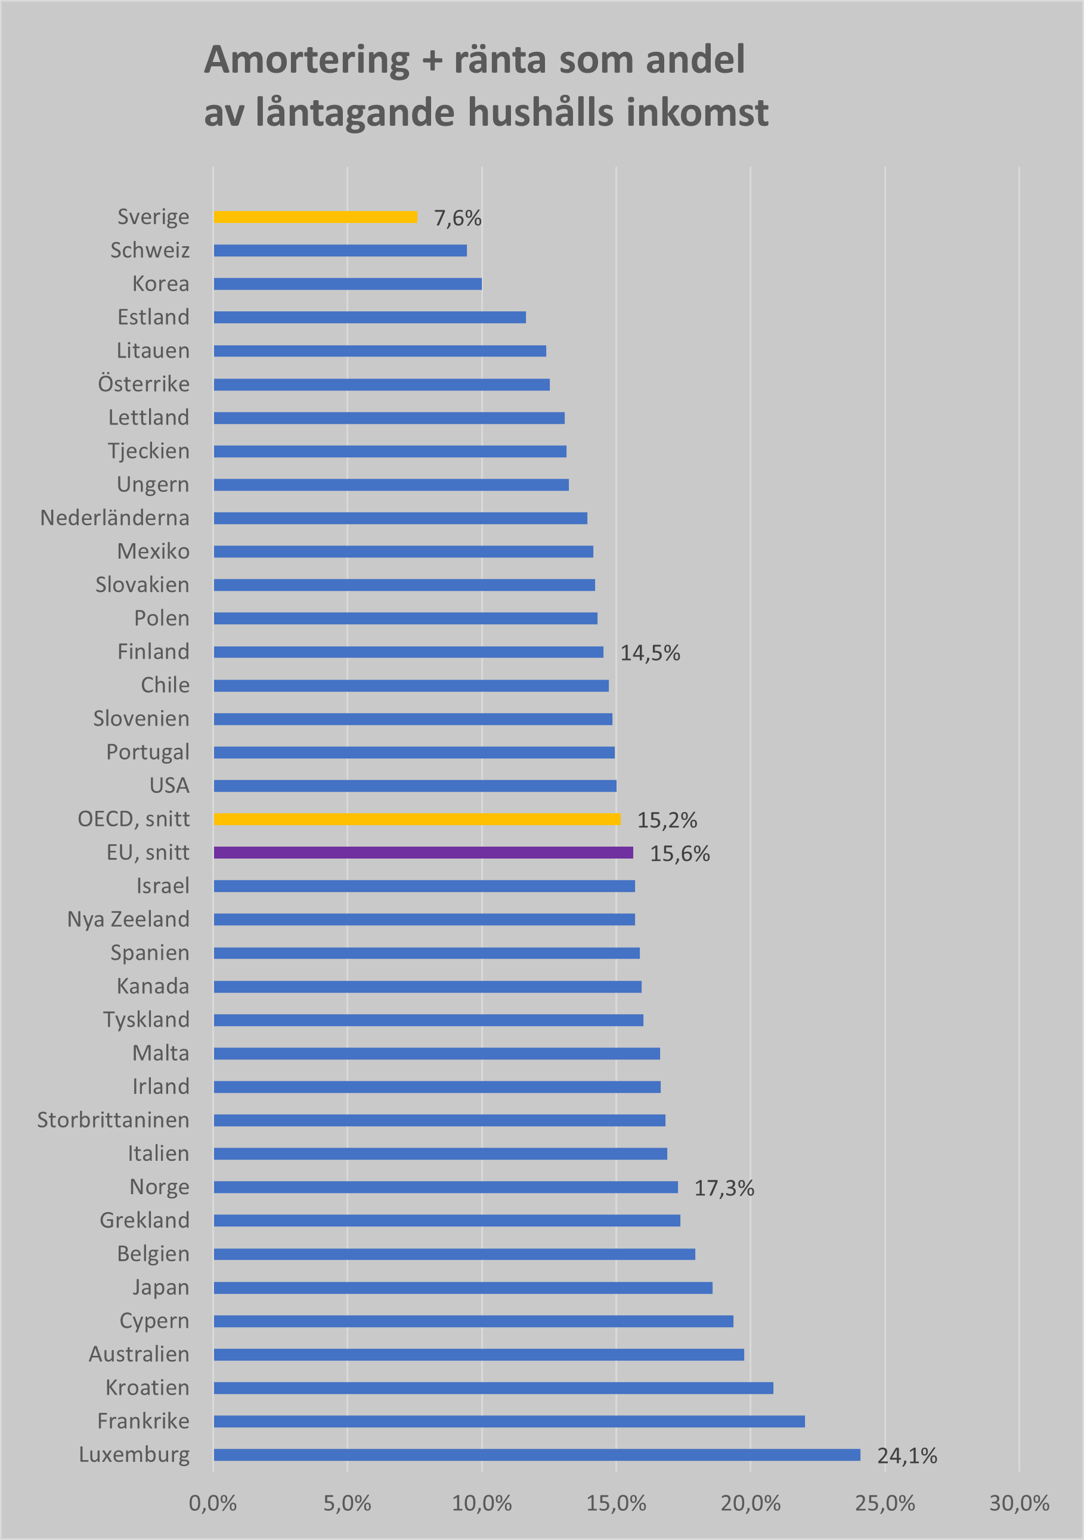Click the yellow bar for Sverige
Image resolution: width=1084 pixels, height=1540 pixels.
pyautogui.click(x=315, y=216)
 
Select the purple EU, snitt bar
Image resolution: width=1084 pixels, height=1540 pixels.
pyautogui.click(x=423, y=853)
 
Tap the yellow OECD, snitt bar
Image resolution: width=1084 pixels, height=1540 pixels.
pyautogui.click(x=417, y=819)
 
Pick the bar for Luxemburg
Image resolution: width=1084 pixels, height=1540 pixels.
pyautogui.click(x=537, y=1455)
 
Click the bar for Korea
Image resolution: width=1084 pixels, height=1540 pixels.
pyautogui.click(x=348, y=284)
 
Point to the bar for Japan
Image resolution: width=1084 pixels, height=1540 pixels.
pyautogui.click(x=463, y=1288)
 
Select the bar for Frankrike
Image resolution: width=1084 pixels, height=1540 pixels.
pyautogui.click(x=509, y=1421)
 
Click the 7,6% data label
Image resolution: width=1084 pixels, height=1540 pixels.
pyautogui.click(x=457, y=218)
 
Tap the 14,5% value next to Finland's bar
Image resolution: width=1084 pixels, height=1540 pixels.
pyautogui.click(x=650, y=653)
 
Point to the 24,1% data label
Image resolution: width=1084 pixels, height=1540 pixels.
pyautogui.click(x=907, y=1456)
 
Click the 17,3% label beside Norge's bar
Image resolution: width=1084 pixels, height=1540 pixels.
pyautogui.click(x=724, y=1189)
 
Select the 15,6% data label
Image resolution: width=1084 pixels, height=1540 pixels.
pyautogui.click(x=680, y=854)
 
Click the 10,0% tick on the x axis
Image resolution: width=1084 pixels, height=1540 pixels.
pyautogui.click(x=482, y=1504)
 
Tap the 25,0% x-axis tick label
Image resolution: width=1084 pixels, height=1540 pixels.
pyautogui.click(x=885, y=1504)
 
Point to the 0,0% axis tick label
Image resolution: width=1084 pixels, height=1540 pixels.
pyautogui.click(x=213, y=1504)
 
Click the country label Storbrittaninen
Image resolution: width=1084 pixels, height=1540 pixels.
pyautogui.click(x=113, y=1120)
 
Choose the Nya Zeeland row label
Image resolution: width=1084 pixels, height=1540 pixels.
pyautogui.click(x=128, y=919)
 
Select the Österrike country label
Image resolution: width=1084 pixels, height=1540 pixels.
pyautogui.click(x=144, y=385)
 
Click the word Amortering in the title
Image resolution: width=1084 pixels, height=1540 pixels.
pyautogui.click(x=306, y=60)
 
